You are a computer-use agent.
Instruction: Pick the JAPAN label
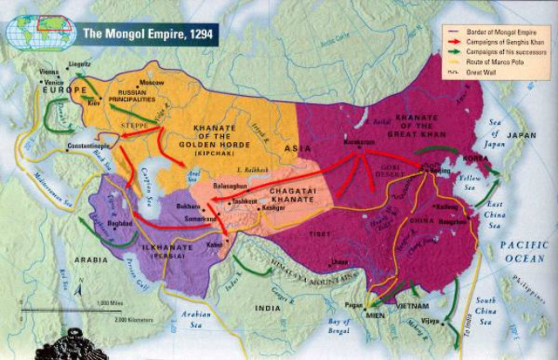[x=521, y=135]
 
